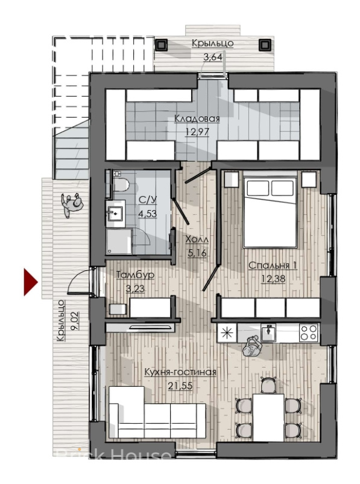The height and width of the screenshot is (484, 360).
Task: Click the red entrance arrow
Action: [31, 282]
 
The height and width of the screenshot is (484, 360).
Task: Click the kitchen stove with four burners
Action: [309, 333]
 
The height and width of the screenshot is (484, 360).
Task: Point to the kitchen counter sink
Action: [268, 333]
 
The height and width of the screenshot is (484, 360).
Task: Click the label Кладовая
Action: [197, 119]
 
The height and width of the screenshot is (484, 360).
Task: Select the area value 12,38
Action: [273, 279]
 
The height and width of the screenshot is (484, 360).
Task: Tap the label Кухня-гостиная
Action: [180, 372]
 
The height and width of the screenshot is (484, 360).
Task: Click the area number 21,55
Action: [180, 386]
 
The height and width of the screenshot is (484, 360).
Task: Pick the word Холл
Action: [197, 239]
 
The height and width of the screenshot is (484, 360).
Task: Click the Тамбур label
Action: [136, 275]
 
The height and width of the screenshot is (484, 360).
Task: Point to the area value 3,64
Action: [213, 57]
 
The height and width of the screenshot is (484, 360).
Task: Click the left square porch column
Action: [161, 45]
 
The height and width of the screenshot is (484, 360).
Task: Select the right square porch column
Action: [264, 45]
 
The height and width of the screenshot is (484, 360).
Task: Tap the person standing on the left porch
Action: [72, 205]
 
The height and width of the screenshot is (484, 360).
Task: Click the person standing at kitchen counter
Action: [252, 346]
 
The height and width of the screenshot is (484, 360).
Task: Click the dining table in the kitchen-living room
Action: [268, 418]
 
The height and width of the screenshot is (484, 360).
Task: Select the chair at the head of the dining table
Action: [268, 385]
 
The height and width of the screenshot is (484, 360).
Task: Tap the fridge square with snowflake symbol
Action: [227, 333]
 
